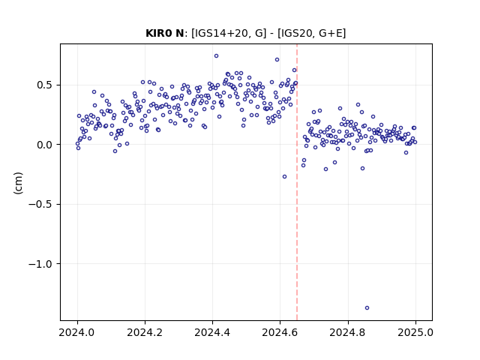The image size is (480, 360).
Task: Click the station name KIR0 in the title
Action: point(159,33)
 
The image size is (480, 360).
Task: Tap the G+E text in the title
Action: point(331,33)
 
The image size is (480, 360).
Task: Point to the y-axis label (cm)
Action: point(18,183)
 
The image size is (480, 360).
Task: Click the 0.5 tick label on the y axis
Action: point(45,85)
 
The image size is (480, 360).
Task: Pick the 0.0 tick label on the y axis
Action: point(45,145)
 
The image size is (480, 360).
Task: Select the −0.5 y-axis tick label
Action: point(40,204)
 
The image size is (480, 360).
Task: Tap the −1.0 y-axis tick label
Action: point(40,264)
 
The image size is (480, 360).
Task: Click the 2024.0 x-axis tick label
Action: point(76,332)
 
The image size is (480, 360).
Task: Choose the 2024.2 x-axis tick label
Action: point(145,332)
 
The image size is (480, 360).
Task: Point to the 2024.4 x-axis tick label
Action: point(212,332)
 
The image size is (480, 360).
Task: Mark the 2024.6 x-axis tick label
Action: point(280,332)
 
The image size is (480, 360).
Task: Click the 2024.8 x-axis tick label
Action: point(347,332)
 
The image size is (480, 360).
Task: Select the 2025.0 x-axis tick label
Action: point(415,332)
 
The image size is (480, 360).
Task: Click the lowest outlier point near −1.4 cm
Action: point(367,308)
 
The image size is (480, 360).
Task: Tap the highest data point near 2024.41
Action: point(217,56)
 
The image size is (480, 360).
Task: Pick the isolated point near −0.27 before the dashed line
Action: point(285,177)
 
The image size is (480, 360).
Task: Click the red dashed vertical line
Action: point(297,182)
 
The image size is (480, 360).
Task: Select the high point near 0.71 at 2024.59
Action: point(277,60)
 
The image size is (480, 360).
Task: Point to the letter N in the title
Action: point(180,33)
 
